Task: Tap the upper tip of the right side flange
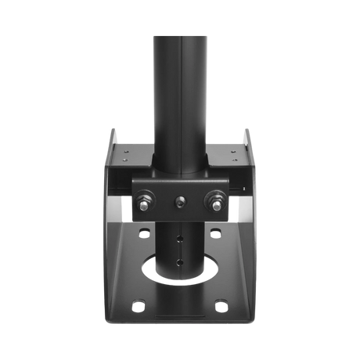(247, 129)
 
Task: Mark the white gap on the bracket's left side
(114, 205)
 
